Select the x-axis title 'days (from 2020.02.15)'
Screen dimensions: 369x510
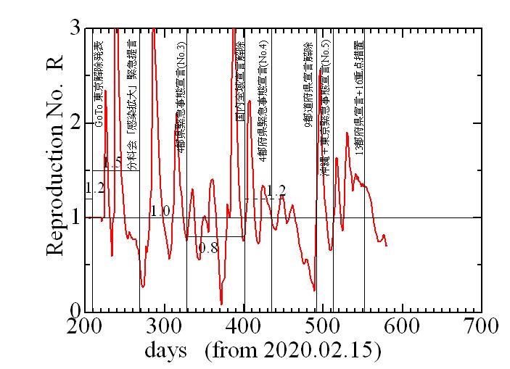click(x=263, y=352)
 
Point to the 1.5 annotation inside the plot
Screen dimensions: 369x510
click(x=112, y=162)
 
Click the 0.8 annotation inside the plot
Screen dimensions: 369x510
click(x=208, y=247)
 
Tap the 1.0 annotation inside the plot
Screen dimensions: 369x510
click(x=160, y=211)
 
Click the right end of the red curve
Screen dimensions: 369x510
click(x=387, y=246)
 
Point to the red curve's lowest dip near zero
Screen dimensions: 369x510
click(x=221, y=304)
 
